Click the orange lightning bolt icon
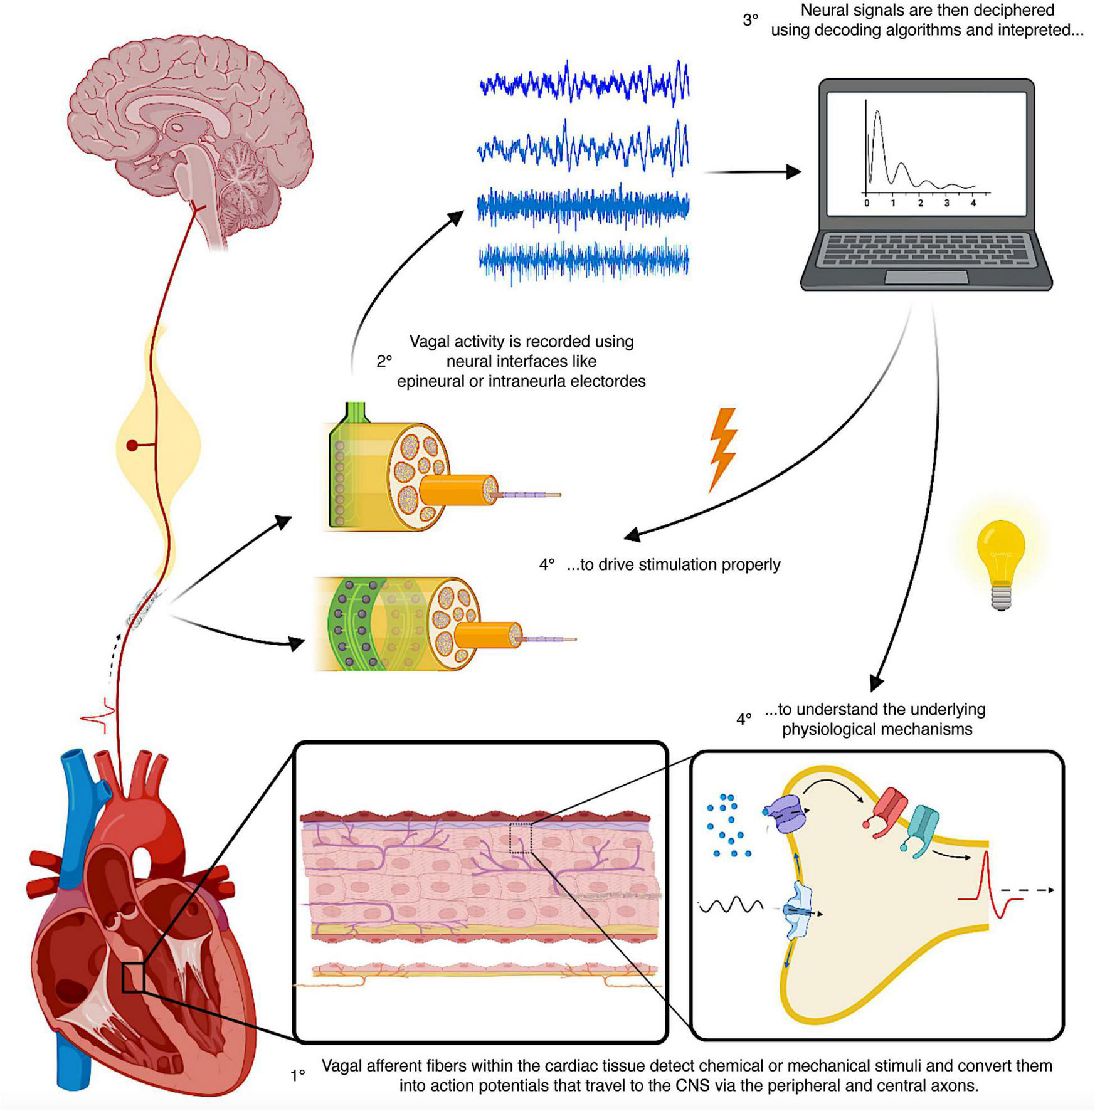722,449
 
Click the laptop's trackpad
926,277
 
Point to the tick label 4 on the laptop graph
973,203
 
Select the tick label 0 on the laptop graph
867,203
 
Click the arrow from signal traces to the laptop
753,171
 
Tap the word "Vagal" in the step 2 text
430,342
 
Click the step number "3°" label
750,21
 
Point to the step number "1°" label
298,1076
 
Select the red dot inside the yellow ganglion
132,445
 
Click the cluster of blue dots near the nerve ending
727,824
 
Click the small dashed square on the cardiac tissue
520,838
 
